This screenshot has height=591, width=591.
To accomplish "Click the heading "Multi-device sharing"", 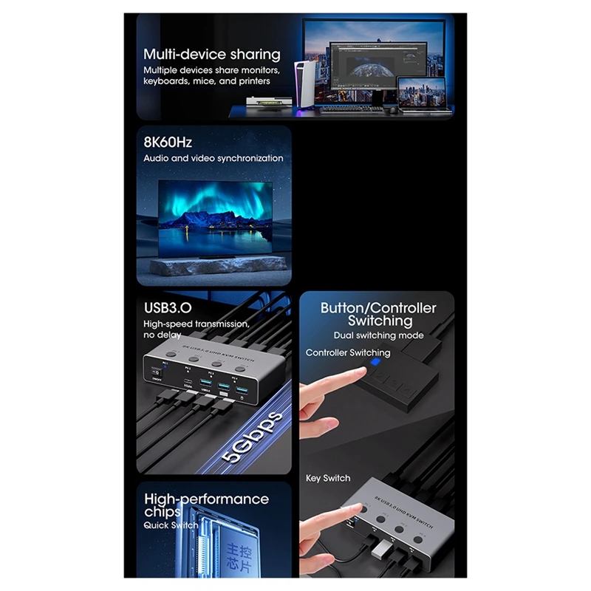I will (x=212, y=54).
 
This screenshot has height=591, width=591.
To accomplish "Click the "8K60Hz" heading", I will (x=168, y=142).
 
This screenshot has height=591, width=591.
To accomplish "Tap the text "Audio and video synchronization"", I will (x=213, y=158).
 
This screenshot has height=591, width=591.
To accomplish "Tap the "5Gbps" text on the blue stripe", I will (x=255, y=438).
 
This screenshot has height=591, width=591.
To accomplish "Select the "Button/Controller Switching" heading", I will (x=378, y=314).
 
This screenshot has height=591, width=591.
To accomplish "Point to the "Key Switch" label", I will (x=328, y=478).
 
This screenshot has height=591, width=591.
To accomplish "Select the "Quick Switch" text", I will (x=171, y=525).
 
